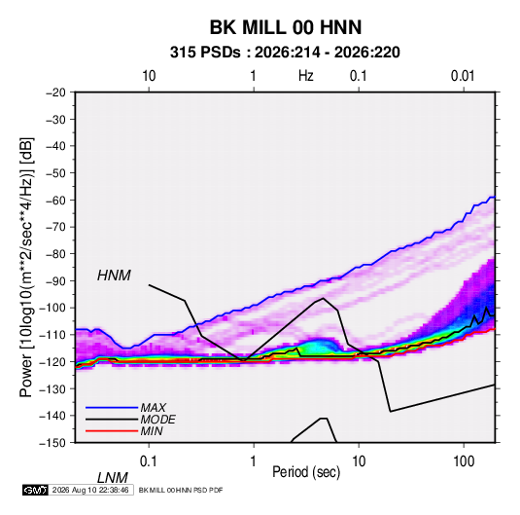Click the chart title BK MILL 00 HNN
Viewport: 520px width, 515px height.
click(286, 27)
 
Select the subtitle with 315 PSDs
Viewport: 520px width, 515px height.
click(285, 53)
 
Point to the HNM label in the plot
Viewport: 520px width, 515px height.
click(114, 276)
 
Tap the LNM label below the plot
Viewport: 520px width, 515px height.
click(112, 478)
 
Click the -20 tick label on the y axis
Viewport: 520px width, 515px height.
click(55, 92)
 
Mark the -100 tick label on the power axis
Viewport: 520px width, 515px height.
click(53, 308)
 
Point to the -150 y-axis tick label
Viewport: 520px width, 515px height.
click(53, 443)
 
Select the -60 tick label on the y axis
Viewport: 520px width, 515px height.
click(55, 200)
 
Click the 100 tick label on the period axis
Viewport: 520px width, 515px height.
click(464, 460)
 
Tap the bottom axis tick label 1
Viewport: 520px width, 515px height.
click(254, 460)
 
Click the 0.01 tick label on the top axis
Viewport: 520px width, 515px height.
click(463, 76)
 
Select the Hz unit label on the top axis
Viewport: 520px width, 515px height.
click(306, 76)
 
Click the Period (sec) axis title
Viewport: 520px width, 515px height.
click(306, 472)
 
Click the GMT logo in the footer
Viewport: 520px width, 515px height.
click(35, 490)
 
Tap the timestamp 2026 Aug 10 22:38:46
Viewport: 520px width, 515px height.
click(90, 490)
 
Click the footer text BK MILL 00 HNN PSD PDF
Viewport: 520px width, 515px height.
click(181, 490)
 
